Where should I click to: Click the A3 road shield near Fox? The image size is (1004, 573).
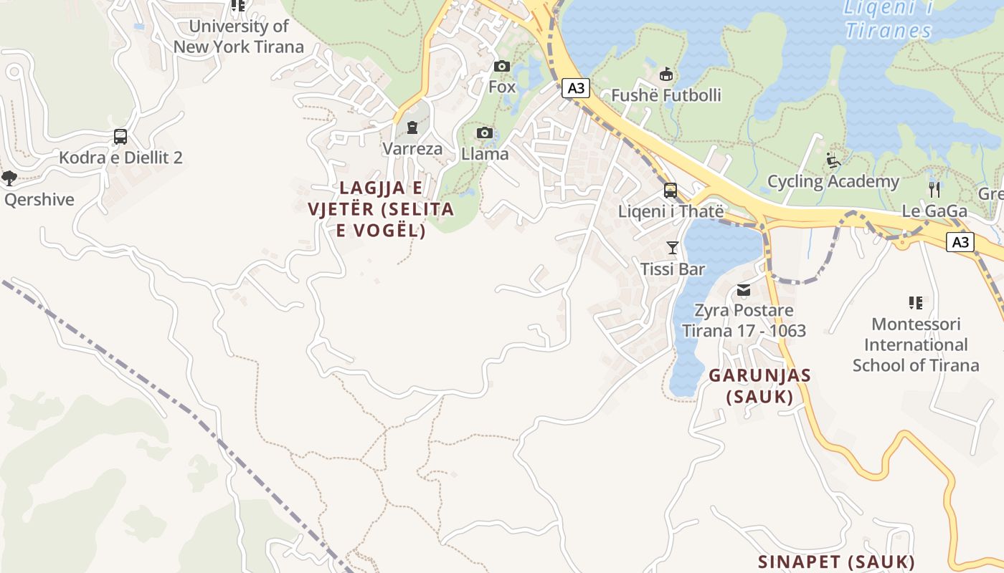pos(575,88)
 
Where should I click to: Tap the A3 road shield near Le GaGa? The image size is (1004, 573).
pos(960,242)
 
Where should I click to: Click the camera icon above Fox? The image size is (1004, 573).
pos(502,67)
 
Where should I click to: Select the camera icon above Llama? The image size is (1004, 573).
pos(485,133)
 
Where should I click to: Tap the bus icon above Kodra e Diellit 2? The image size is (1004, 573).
pos(120,137)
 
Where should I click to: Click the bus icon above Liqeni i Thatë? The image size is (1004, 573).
pos(671,191)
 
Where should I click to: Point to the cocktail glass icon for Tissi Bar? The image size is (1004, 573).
pos(672,248)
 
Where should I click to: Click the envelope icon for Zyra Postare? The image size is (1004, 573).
pos(744,289)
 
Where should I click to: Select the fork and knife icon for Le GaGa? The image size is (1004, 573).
pos(934,190)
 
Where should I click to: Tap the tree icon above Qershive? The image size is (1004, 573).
pos(9,178)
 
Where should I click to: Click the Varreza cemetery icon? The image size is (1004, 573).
pos(412,128)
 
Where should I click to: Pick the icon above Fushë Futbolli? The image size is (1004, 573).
pos(666,74)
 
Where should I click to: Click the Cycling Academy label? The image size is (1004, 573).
pos(833,181)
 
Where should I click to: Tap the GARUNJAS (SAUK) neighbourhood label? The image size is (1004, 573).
pos(759,386)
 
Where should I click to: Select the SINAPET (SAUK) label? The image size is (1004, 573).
pos(836,561)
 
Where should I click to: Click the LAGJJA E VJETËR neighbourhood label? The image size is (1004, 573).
pos(381,209)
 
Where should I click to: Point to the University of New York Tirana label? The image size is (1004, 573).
pos(239,37)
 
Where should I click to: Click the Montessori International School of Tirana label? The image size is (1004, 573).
pos(915,345)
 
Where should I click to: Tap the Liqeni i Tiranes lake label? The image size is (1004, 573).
pos(888,19)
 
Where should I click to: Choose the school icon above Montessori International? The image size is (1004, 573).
pos(915,302)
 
